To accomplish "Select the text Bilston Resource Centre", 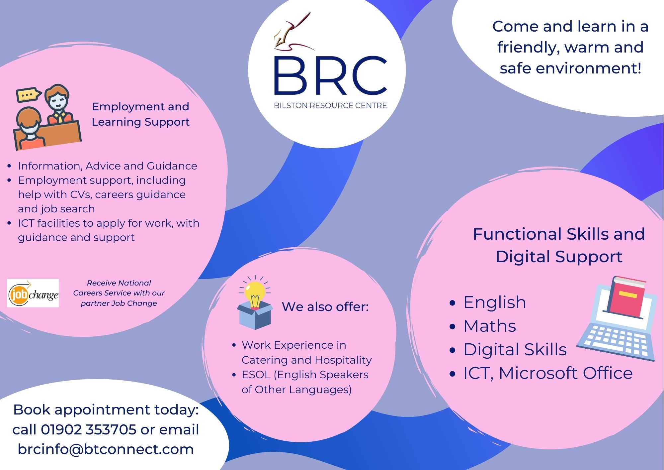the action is (330, 105).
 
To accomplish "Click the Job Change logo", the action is (33, 293).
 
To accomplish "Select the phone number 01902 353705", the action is (88, 429).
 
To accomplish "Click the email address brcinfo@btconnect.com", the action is (106, 449).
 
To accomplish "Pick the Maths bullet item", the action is (490, 326).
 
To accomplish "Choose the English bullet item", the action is (495, 302).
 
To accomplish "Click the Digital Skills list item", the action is (515, 350).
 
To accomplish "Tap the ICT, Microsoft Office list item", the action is (548, 373).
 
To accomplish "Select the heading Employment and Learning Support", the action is (140, 114).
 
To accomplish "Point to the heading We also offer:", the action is (325, 306).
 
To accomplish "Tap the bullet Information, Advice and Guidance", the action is (108, 166).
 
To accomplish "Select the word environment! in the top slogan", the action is (588, 68).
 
